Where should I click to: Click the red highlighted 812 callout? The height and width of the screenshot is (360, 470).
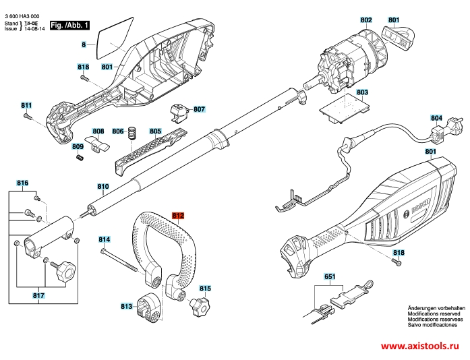pyautogui.click(x=177, y=216)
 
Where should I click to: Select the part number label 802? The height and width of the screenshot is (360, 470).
pyautogui.click(x=366, y=20)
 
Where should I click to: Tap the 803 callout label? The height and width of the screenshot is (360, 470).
pyautogui.click(x=362, y=92)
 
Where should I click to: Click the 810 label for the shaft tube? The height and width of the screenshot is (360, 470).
pyautogui.click(x=102, y=186)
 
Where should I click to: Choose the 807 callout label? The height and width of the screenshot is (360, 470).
pyautogui.click(x=198, y=109)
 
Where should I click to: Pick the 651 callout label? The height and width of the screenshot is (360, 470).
pyautogui.click(x=330, y=276)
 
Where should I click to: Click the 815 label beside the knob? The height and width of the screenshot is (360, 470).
pyautogui.click(x=205, y=288)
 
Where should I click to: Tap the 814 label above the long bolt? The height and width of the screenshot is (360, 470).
pyautogui.click(x=104, y=239)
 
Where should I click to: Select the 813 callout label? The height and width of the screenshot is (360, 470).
pyautogui.click(x=127, y=306)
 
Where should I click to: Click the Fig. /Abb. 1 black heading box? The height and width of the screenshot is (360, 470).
pyautogui.click(x=69, y=25)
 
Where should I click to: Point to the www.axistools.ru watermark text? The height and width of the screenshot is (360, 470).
pyautogui.click(x=422, y=346)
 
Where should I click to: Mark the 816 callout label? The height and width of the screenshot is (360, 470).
pyautogui.click(x=23, y=183)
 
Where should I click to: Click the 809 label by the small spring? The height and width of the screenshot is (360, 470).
pyautogui.click(x=78, y=146)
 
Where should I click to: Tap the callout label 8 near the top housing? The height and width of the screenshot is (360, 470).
pyautogui.click(x=84, y=44)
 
